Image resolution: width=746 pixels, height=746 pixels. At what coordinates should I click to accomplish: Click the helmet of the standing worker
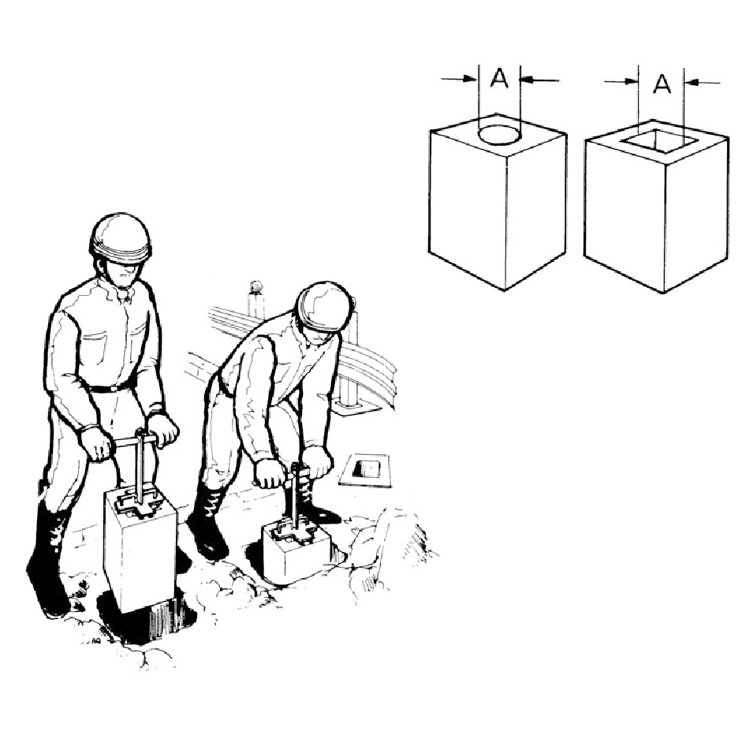(120, 239)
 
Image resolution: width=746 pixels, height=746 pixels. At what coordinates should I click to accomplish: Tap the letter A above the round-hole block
(499, 78)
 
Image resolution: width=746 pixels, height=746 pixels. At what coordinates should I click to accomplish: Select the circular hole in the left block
(499, 134)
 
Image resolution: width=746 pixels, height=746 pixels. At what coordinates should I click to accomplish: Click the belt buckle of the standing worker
(114, 388)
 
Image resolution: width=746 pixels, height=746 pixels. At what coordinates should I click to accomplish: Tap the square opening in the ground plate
(369, 468)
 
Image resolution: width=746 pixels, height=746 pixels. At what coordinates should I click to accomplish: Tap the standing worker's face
(125, 274)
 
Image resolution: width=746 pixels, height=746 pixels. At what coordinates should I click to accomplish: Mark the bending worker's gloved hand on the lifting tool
(270, 473)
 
